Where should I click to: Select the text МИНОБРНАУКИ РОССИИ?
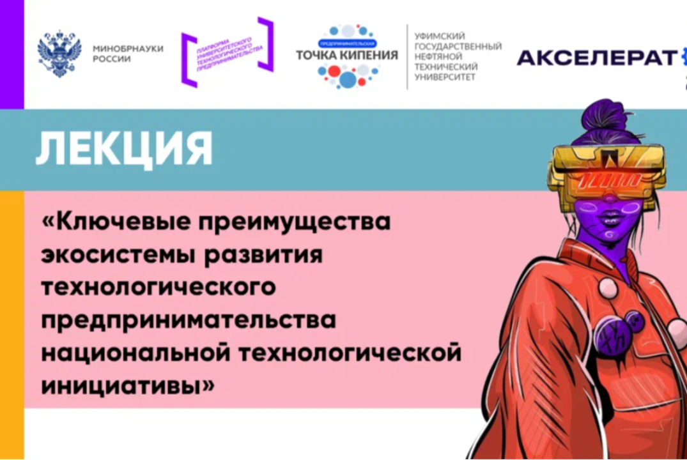128,53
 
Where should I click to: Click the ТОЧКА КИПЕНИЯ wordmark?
346,55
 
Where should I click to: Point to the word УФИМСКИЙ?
439,38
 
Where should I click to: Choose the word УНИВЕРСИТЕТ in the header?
445,77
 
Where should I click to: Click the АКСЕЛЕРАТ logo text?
596,58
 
